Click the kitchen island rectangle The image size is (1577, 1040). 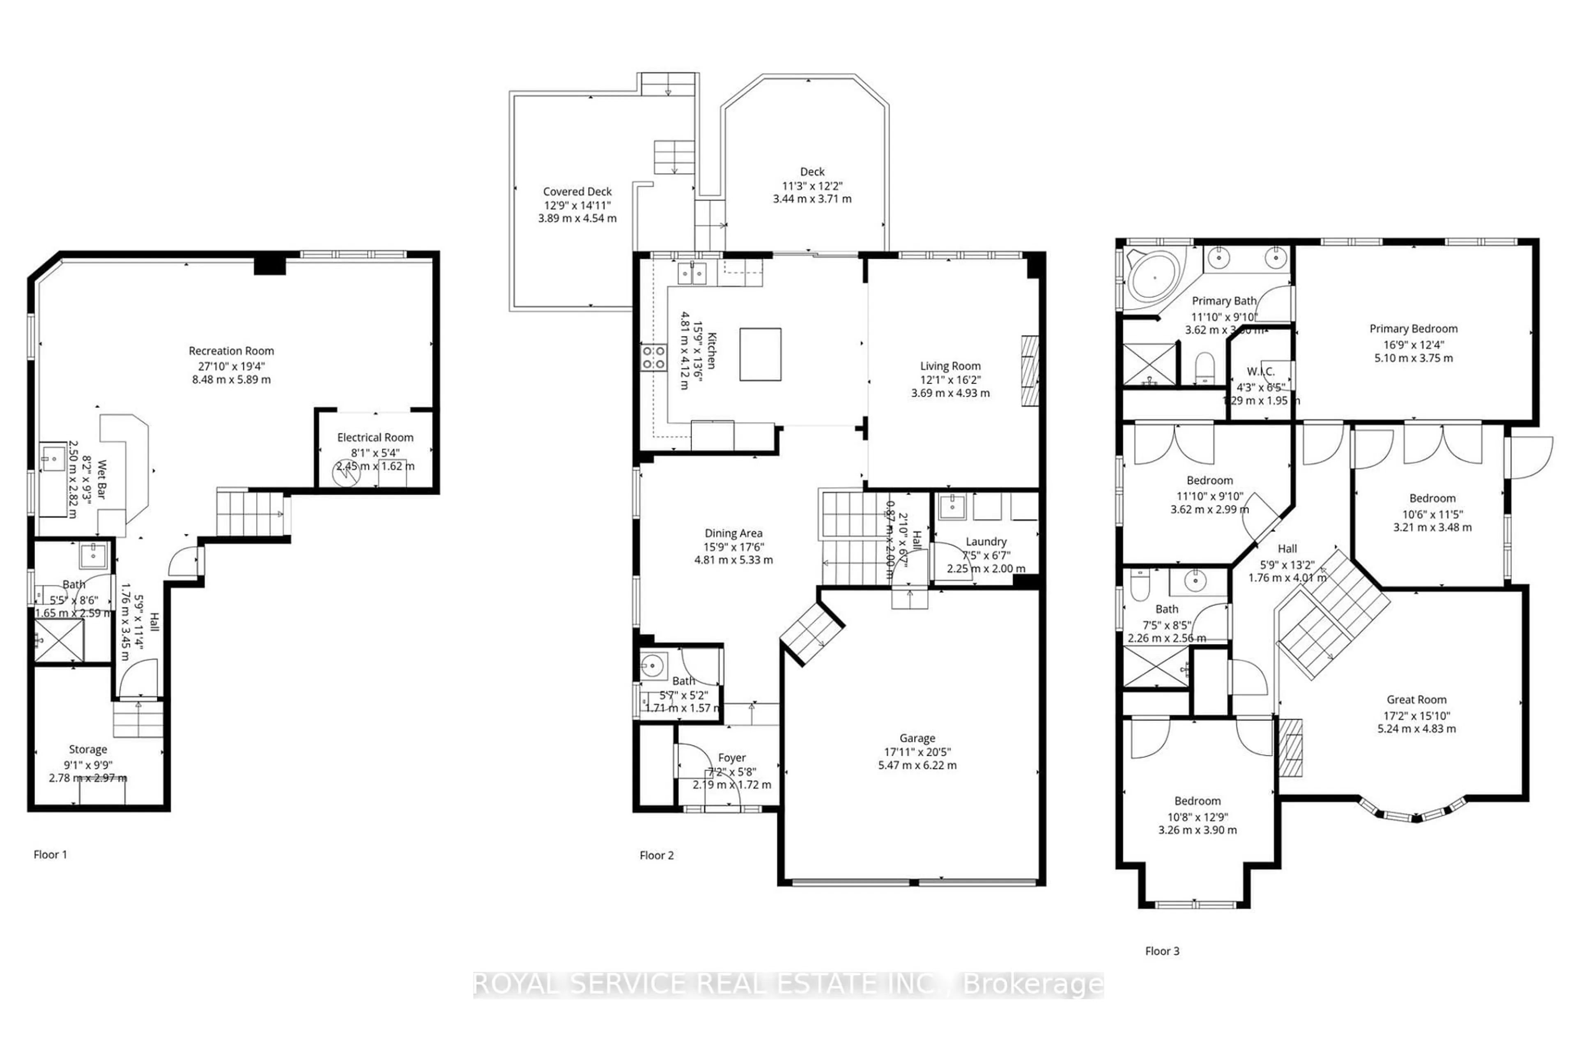(x=760, y=354)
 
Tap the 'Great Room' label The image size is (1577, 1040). (x=1416, y=700)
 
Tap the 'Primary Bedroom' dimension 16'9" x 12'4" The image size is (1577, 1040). (x=1413, y=345)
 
